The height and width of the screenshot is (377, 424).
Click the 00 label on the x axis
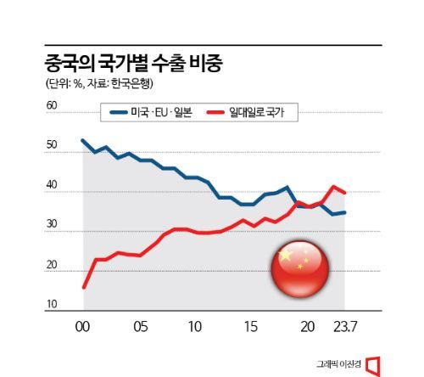pos(83,325)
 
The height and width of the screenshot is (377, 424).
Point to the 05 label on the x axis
pos(140,325)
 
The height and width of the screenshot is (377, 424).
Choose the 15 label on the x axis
pos(251,325)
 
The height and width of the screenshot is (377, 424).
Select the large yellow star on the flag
pos(286,256)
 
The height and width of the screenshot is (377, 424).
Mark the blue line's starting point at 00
pos(82,140)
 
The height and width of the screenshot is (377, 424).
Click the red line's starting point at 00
pos(82,287)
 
